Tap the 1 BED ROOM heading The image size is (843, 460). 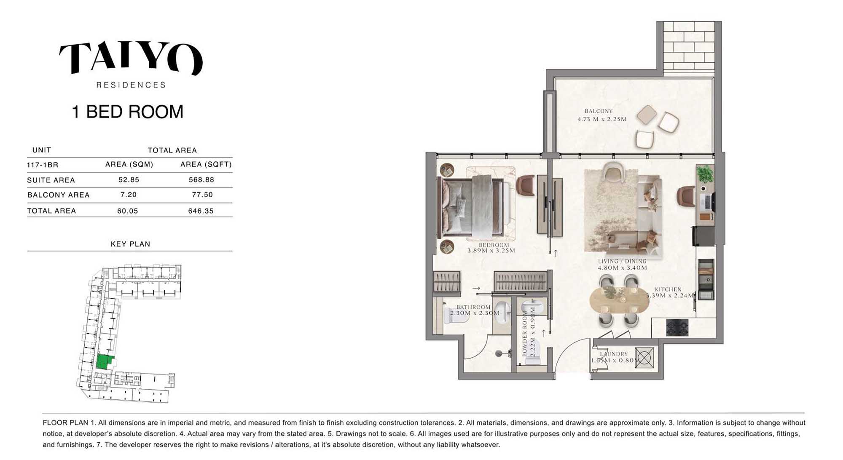pyautogui.click(x=128, y=112)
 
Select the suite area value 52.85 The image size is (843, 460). pyautogui.click(x=129, y=180)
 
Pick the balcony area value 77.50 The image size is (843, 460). pyautogui.click(x=202, y=195)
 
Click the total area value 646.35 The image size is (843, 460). pyautogui.click(x=201, y=211)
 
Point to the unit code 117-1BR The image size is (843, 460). pyautogui.click(x=43, y=165)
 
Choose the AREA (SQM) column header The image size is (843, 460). pyautogui.click(x=129, y=164)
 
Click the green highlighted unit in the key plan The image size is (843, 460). pyautogui.click(x=104, y=361)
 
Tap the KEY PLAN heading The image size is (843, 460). pyautogui.click(x=130, y=244)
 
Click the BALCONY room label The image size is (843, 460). pyautogui.click(x=599, y=111)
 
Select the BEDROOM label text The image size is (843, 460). pyautogui.click(x=494, y=245)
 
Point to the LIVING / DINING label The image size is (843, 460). pyautogui.click(x=622, y=262)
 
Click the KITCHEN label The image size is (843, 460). pyautogui.click(x=668, y=289)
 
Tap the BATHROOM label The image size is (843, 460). pyautogui.click(x=473, y=308)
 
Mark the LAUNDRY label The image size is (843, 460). pyautogui.click(x=614, y=354)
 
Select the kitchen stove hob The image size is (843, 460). pyautogui.click(x=677, y=327)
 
